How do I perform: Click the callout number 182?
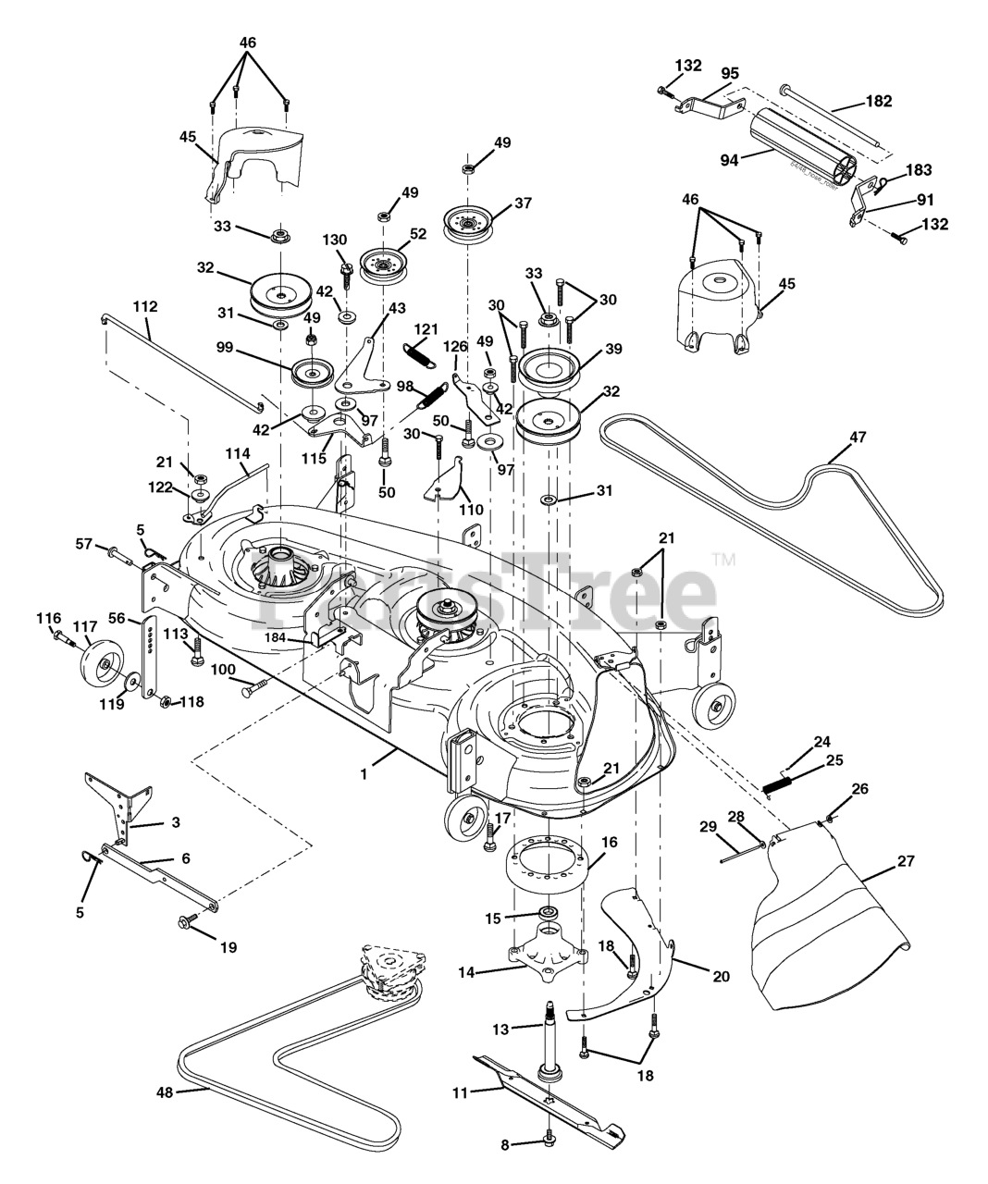878,102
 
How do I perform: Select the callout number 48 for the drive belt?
165,1093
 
